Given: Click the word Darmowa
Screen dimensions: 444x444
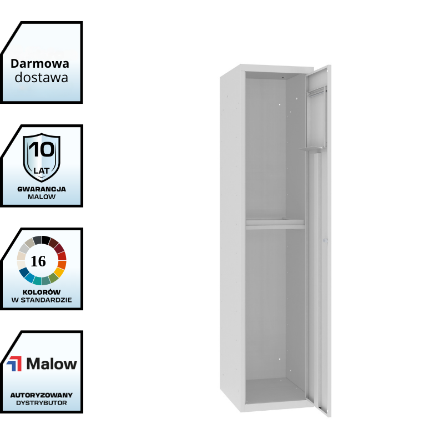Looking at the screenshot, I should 40,63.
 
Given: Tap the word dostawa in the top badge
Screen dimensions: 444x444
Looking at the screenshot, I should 42,78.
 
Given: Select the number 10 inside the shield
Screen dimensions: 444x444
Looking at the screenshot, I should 42,149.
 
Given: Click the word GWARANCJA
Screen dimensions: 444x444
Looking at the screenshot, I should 42,189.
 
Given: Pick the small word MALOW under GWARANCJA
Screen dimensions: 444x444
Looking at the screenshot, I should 42,197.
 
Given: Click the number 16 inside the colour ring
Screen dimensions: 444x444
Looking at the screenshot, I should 39,261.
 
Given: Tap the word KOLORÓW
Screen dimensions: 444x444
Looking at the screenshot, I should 42,292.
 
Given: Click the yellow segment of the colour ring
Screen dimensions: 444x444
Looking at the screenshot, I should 58,272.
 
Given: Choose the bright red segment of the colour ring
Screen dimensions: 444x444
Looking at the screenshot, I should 62,256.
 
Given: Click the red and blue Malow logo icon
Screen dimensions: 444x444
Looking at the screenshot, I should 14,364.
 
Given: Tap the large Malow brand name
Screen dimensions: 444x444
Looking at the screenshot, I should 52,364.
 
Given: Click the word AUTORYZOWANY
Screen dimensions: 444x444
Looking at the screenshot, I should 42,395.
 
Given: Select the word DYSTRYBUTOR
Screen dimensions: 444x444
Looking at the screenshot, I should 42,403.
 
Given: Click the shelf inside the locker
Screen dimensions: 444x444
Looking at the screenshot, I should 275,224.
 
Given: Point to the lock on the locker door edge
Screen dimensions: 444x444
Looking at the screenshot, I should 326,241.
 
